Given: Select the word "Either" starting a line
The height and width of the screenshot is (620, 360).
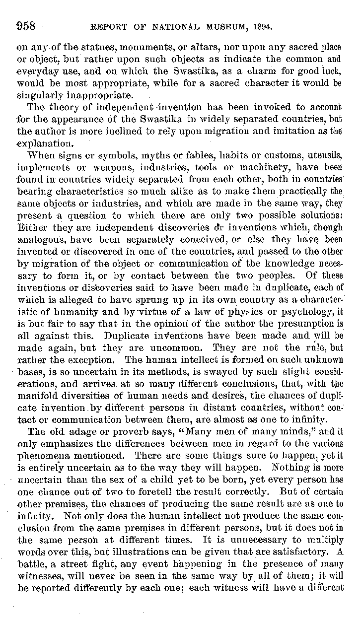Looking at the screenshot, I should coord(31,227).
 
